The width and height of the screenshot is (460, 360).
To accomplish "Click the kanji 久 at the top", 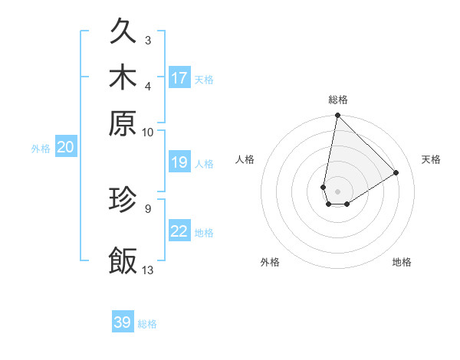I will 123,33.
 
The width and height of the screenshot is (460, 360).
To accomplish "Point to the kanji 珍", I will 123,199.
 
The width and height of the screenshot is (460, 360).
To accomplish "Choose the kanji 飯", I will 123,260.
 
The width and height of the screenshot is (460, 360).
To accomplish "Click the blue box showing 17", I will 179,77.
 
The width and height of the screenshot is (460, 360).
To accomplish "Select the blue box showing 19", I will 179,162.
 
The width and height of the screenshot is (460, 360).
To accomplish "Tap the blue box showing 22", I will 179,231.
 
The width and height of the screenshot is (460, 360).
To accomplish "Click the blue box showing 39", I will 123,322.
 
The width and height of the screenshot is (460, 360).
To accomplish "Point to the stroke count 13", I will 148,269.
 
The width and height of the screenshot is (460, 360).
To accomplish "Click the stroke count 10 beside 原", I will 147,132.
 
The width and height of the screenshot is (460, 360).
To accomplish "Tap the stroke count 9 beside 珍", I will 147,207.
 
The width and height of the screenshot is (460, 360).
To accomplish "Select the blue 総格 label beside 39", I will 147,324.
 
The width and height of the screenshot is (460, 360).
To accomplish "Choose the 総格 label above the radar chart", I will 338,100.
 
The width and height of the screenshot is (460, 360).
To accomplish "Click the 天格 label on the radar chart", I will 431,159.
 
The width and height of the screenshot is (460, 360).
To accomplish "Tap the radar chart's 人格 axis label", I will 245,159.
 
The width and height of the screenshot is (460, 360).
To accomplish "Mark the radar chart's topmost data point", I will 337,116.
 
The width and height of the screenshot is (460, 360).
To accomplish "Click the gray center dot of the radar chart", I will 337,191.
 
